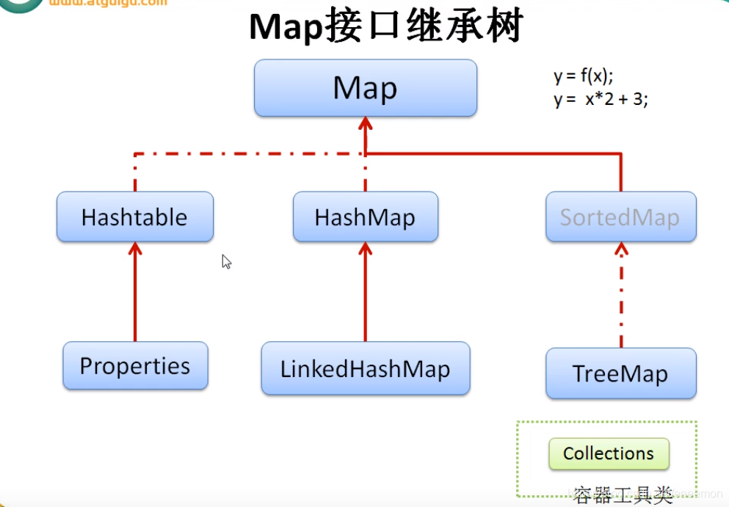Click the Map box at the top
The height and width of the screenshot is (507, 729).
pyautogui.click(x=365, y=88)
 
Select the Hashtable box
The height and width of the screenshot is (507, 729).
pyautogui.click(x=134, y=217)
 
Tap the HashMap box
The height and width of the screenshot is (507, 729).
pyautogui.click(x=365, y=217)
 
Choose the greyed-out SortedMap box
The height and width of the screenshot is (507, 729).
pyautogui.click(x=620, y=217)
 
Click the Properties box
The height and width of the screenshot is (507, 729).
pyautogui.click(x=135, y=365)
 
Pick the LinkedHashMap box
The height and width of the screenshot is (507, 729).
pyautogui.click(x=365, y=368)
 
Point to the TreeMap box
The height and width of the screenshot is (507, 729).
pyautogui.click(x=620, y=373)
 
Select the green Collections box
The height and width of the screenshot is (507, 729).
pyautogui.click(x=609, y=453)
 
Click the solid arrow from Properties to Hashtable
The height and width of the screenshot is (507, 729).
pyautogui.click(x=134, y=293)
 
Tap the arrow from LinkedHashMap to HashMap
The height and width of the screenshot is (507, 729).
pyautogui.click(x=365, y=293)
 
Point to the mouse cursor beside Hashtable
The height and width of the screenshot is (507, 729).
pyautogui.click(x=226, y=262)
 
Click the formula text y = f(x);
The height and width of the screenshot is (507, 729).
pyautogui.click(x=583, y=76)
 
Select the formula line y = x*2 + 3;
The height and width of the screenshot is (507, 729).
pyautogui.click(x=601, y=101)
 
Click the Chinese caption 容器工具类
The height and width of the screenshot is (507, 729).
pyautogui.click(x=623, y=496)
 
